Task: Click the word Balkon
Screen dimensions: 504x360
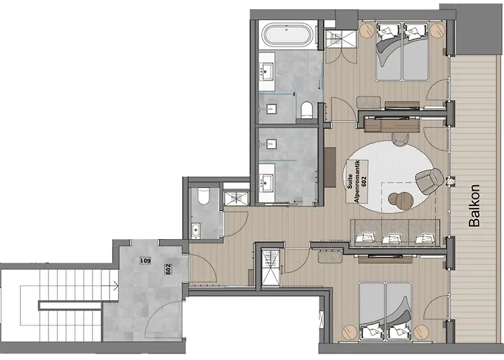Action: [474, 206]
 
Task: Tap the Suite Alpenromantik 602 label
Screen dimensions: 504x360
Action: [357, 181]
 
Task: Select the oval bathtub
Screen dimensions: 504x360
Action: [288, 35]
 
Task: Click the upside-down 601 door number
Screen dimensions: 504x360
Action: [145, 261]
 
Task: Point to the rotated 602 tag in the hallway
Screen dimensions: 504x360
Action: [168, 269]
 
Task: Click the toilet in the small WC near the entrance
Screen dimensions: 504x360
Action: [204, 196]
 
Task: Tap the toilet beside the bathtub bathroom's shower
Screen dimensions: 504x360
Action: [307, 110]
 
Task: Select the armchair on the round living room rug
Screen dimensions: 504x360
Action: [430, 181]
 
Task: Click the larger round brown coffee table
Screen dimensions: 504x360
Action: [405, 201]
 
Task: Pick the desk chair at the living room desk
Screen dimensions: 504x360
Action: [400, 139]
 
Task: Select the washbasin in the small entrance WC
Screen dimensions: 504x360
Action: [196, 230]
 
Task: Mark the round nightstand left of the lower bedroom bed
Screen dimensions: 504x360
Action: [349, 333]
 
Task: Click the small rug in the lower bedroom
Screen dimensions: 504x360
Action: [330, 257]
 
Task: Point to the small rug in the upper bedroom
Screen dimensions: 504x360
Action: [369, 102]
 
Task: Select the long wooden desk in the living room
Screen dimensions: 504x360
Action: [392, 125]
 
